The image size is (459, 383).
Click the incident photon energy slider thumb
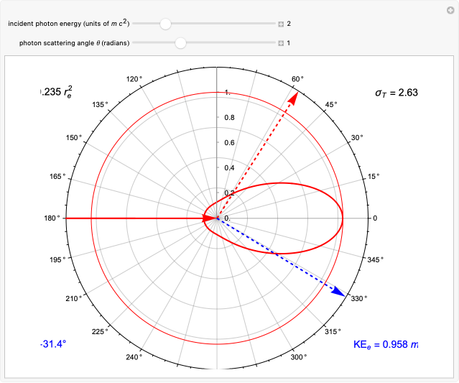(165, 24)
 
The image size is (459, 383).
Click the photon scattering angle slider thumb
(180, 43)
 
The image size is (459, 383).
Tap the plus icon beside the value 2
(282, 24)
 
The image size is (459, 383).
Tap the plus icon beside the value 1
(282, 43)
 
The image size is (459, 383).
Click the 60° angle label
(297, 79)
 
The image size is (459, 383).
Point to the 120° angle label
(134, 79)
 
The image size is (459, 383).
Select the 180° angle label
(52, 218)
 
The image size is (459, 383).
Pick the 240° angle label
(134, 357)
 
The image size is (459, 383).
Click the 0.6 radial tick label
(229, 142)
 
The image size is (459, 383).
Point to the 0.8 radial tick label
(229, 117)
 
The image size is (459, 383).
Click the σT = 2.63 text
(396, 92)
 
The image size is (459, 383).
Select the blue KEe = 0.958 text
(385, 344)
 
